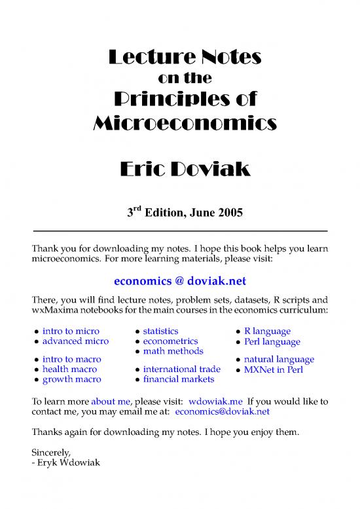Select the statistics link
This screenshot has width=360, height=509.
(160, 331)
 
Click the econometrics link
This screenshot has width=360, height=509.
(170, 341)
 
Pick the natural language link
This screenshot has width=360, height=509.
(279, 359)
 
